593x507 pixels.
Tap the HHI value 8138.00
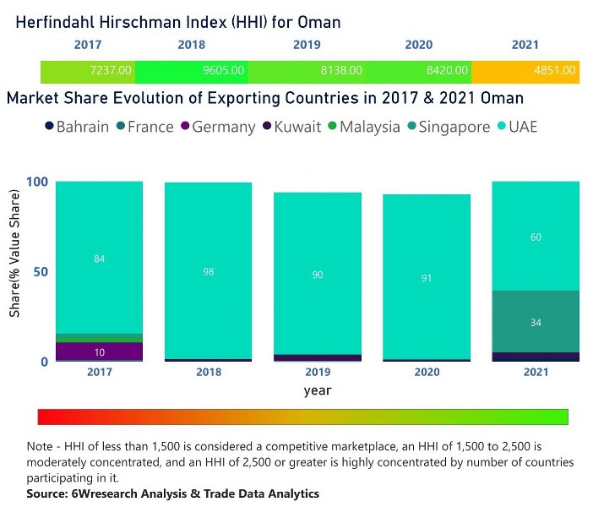344,72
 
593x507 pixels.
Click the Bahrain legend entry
76,127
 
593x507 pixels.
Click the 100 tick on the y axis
36,182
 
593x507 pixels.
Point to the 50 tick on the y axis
40,272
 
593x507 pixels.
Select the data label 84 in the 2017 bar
100,259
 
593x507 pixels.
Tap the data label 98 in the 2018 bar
208,272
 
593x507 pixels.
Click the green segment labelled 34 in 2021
536,322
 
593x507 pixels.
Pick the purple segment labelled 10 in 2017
100,351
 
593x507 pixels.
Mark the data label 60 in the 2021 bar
536,237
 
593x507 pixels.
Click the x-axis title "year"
318,390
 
